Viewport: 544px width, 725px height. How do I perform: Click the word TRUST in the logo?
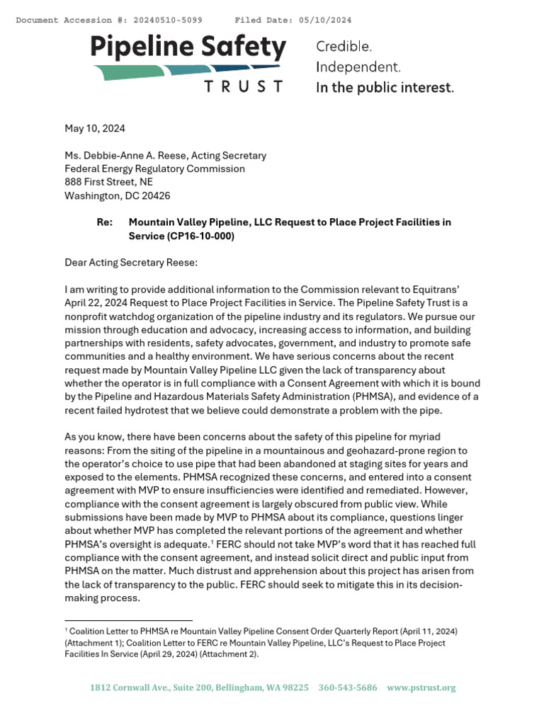pyautogui.click(x=243, y=86)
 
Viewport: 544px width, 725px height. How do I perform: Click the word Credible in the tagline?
pyautogui.click(x=344, y=47)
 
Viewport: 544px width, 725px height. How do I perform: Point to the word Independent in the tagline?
pyautogui.click(x=358, y=67)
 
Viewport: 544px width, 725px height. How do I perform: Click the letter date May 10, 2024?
pyautogui.click(x=94, y=128)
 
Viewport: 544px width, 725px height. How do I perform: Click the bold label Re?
pyautogui.click(x=104, y=222)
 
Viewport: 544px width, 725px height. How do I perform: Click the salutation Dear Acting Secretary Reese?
pyautogui.click(x=131, y=263)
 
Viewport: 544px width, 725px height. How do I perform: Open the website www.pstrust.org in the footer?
pyautogui.click(x=421, y=687)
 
